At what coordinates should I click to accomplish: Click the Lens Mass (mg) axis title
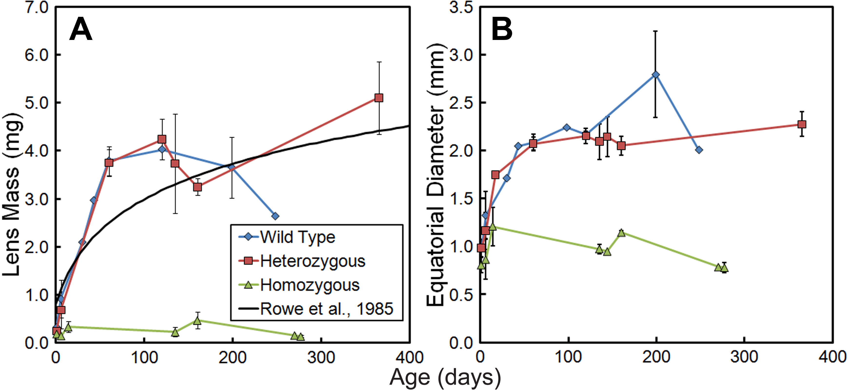tap(12, 194)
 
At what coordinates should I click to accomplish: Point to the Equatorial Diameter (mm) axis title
tap(436, 175)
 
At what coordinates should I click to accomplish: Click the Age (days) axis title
tap(445, 378)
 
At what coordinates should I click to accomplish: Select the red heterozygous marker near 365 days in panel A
tap(379, 98)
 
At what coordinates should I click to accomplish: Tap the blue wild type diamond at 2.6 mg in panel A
tap(275, 216)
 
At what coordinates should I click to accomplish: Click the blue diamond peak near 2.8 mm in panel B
tap(656, 75)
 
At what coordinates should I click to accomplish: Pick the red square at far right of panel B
tap(802, 124)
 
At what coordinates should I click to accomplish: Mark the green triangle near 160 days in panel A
tap(197, 320)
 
